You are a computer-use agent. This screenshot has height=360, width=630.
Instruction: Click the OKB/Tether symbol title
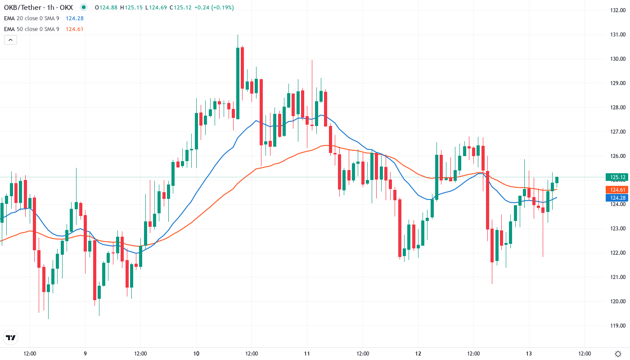tap(38, 7)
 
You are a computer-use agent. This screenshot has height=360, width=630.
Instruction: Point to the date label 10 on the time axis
tap(196, 353)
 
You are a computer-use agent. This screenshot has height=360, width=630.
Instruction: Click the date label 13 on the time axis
tap(529, 353)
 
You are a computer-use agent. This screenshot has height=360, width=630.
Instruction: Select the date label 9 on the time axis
tap(85, 353)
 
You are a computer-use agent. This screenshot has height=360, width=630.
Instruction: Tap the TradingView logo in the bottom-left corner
tap(11, 337)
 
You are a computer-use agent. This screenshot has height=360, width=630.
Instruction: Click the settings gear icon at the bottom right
tap(618, 353)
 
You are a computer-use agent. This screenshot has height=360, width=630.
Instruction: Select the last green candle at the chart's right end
tap(557, 180)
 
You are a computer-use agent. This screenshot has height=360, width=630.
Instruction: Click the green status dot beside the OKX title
tap(84, 7)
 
